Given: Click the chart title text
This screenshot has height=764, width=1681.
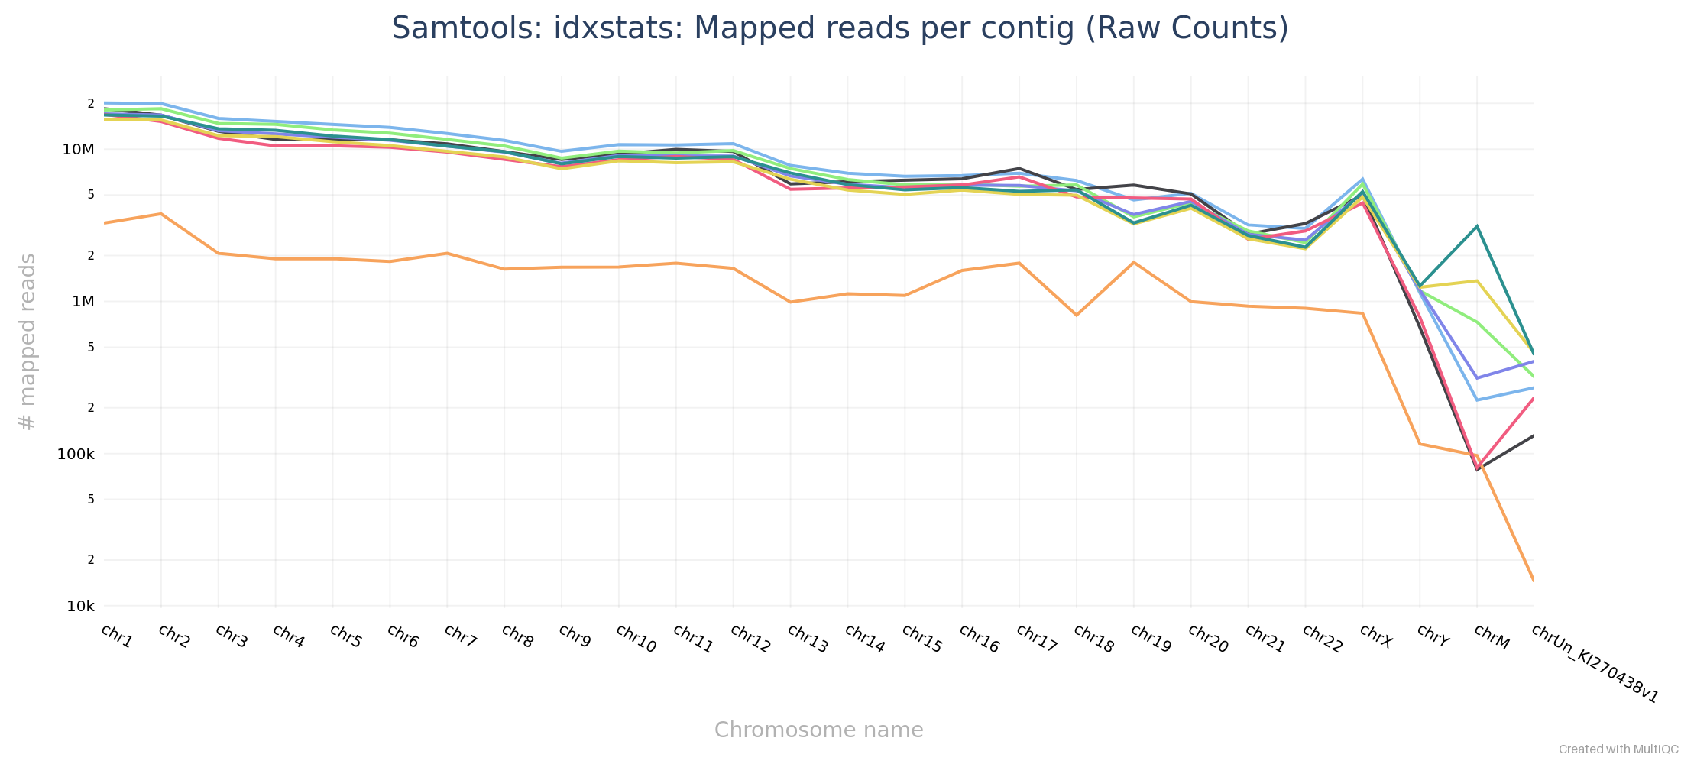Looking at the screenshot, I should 840,28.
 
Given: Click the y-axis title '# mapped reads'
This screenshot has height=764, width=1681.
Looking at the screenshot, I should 28,342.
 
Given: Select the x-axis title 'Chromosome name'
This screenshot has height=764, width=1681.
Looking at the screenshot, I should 818,730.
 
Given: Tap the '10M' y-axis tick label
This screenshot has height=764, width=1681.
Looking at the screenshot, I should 79,149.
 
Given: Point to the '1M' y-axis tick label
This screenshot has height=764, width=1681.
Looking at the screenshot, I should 83,301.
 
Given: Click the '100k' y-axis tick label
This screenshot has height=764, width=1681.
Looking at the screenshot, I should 76,454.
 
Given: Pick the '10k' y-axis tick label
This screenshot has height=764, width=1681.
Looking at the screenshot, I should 81,607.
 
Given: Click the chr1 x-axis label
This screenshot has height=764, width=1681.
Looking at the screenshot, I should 117,636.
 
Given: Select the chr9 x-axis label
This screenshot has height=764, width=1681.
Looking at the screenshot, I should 575,636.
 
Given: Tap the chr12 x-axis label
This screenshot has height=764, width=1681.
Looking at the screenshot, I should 750,639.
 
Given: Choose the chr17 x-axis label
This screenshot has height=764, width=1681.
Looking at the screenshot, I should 1036,639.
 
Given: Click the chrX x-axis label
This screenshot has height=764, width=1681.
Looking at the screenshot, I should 1375,636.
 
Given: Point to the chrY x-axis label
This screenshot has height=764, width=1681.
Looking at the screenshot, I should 1432,636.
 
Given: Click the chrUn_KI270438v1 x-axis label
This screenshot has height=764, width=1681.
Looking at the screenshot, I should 1595,663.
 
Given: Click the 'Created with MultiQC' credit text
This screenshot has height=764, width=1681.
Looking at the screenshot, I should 1618,749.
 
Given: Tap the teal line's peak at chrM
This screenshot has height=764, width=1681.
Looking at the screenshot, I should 1477,226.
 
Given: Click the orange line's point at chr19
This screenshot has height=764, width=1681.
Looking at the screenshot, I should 1134,262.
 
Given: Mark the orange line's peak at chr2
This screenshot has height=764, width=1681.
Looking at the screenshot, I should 160,213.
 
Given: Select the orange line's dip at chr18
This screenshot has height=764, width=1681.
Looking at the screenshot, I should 1077,315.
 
